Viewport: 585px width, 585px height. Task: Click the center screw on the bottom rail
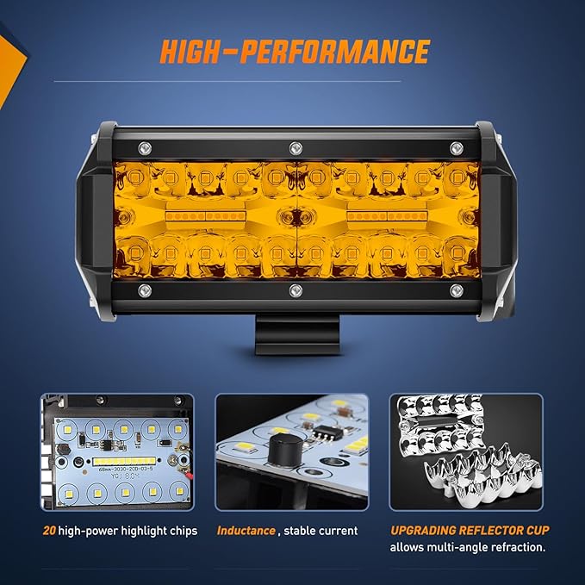[295, 289]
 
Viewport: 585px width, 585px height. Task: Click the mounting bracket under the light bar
[292, 337]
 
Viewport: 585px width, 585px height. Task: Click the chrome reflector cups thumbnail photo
[466, 451]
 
